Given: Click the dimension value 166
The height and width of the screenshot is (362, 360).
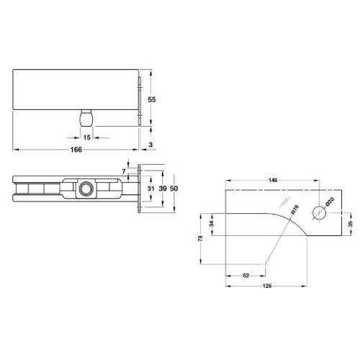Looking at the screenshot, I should click(x=76, y=150).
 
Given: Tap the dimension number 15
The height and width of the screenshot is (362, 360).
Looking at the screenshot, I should click(x=87, y=137).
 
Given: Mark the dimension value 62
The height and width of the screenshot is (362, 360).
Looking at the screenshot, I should click(x=246, y=274).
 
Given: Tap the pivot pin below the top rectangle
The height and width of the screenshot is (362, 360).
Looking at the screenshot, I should click(x=86, y=117).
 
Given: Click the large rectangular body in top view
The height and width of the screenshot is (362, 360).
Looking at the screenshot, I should click(x=76, y=90).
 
